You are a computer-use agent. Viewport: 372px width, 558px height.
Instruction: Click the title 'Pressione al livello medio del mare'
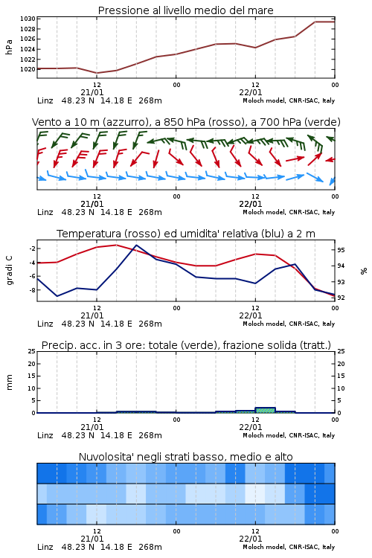click(185, 10)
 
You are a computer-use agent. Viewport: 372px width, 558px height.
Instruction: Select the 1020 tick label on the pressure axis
click(28, 69)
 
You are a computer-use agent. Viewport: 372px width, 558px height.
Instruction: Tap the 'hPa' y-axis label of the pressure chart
click(9, 47)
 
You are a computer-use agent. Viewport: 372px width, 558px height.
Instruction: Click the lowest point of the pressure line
click(97, 73)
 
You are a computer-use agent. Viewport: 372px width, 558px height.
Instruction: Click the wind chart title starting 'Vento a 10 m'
click(186, 122)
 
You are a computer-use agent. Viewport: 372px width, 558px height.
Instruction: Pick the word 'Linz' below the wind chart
click(45, 212)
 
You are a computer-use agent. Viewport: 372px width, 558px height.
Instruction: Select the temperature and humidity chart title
click(186, 234)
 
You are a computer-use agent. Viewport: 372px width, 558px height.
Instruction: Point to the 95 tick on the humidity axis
click(341, 250)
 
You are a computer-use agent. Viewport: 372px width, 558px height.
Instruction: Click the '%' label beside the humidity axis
click(364, 271)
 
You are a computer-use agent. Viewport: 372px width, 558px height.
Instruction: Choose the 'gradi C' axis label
click(9, 271)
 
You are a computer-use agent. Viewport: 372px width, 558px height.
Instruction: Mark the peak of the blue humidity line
click(136, 246)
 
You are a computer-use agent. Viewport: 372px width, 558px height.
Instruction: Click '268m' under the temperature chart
click(150, 324)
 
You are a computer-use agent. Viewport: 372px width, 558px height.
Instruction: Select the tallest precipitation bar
click(265, 410)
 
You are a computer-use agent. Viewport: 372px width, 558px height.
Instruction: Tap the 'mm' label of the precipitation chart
click(9, 382)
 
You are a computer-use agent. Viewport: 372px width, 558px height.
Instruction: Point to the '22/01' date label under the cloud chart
click(250, 539)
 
